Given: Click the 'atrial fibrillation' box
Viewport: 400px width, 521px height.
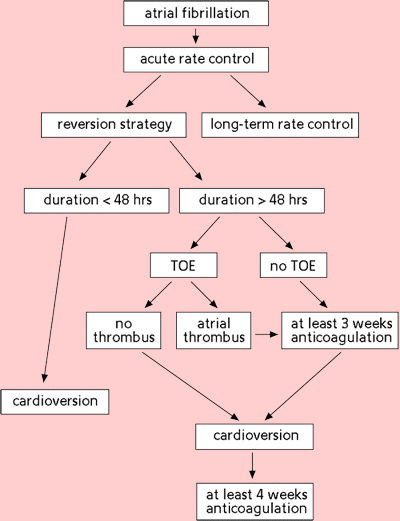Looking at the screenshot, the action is (196, 13).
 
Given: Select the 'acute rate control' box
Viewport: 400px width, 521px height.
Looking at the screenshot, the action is (196, 60).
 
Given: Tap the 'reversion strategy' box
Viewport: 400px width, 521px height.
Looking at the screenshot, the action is (114, 125).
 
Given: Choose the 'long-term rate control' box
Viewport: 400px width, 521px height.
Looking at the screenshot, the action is (280, 125).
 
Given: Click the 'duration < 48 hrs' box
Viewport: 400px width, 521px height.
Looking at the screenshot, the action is (97, 201).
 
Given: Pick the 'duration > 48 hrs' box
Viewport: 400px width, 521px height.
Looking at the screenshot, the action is (252, 201).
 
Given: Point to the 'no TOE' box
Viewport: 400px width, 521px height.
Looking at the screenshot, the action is (293, 265).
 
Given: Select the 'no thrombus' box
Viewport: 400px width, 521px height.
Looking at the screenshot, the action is (124, 331).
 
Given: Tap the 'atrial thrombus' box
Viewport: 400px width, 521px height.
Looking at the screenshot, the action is (214, 331).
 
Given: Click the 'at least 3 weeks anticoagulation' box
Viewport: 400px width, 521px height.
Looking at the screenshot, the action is (340, 331).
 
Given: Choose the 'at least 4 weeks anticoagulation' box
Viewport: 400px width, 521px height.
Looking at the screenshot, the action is (255, 502).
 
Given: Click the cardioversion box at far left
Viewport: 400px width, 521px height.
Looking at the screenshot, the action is (55, 402).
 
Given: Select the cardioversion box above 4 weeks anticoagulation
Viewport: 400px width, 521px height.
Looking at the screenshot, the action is (254, 437).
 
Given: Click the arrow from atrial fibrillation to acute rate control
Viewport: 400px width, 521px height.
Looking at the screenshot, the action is (196, 36).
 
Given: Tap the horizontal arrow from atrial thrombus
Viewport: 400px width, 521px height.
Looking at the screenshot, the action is (267, 334).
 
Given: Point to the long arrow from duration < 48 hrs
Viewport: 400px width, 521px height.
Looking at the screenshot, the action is (55, 300).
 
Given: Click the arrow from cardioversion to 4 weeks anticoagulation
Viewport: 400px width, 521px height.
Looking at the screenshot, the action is (252, 465).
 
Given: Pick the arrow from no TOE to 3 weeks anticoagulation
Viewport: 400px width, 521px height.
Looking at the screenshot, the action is (314, 294).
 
